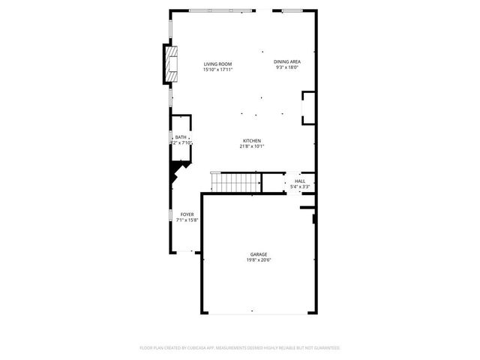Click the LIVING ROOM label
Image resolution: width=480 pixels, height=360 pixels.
click(x=218, y=64)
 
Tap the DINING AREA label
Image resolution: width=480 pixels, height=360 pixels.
click(x=287, y=61)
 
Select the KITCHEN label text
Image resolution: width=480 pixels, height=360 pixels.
click(x=251, y=141)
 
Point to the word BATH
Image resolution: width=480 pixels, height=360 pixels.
click(x=181, y=137)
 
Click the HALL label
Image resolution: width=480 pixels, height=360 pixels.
click(x=300, y=181)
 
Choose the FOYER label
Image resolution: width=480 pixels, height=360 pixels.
click(x=187, y=215)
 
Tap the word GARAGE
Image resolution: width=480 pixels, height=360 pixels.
click(x=259, y=254)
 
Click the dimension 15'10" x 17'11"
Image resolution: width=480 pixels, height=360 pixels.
click(x=218, y=70)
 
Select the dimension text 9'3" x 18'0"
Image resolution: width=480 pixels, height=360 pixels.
click(x=287, y=67)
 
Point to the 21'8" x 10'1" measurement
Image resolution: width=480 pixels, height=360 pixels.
click(x=252, y=146)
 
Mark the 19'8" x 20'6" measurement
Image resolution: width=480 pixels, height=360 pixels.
click(x=259, y=259)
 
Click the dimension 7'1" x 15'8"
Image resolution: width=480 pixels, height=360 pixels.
click(x=187, y=220)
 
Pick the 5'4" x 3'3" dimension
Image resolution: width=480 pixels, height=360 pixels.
click(x=300, y=186)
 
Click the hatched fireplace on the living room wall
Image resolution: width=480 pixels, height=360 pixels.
click(x=173, y=65)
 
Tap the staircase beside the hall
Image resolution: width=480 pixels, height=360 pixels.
click(x=236, y=181)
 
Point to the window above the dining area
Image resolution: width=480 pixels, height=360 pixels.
click(x=293, y=10)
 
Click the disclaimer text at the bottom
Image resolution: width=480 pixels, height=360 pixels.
click(x=240, y=347)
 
